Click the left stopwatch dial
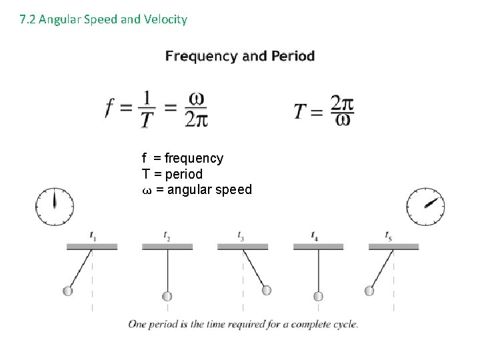55,207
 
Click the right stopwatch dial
426,207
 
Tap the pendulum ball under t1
67,291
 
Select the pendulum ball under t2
167,296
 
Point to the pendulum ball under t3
267,290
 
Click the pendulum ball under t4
319,296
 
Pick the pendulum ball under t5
369,291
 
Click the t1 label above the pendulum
92,235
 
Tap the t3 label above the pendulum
241,235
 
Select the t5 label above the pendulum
388,235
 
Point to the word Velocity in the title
166,19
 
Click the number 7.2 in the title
27,19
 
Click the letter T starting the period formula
301,110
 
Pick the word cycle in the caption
345,325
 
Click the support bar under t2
167,247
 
